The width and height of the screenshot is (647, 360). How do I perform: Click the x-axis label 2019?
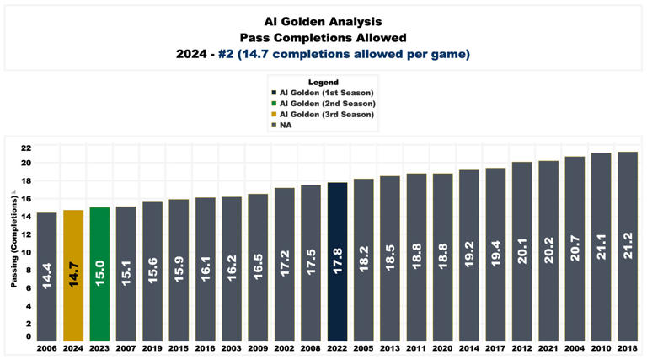152,347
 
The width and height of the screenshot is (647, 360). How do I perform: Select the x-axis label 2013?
389,347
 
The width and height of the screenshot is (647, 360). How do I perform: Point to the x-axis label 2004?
575,347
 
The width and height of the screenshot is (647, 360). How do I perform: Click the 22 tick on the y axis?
26,145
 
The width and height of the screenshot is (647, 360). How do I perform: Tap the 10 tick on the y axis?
26,252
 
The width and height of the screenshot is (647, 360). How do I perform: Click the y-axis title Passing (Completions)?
14,240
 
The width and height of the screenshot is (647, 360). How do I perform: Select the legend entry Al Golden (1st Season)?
323,93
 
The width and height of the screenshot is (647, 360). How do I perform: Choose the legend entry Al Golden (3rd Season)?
323,114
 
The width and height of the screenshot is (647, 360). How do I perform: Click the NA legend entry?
286,125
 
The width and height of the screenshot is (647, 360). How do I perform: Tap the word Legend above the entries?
323,83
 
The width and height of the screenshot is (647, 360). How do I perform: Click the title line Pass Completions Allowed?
323,37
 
